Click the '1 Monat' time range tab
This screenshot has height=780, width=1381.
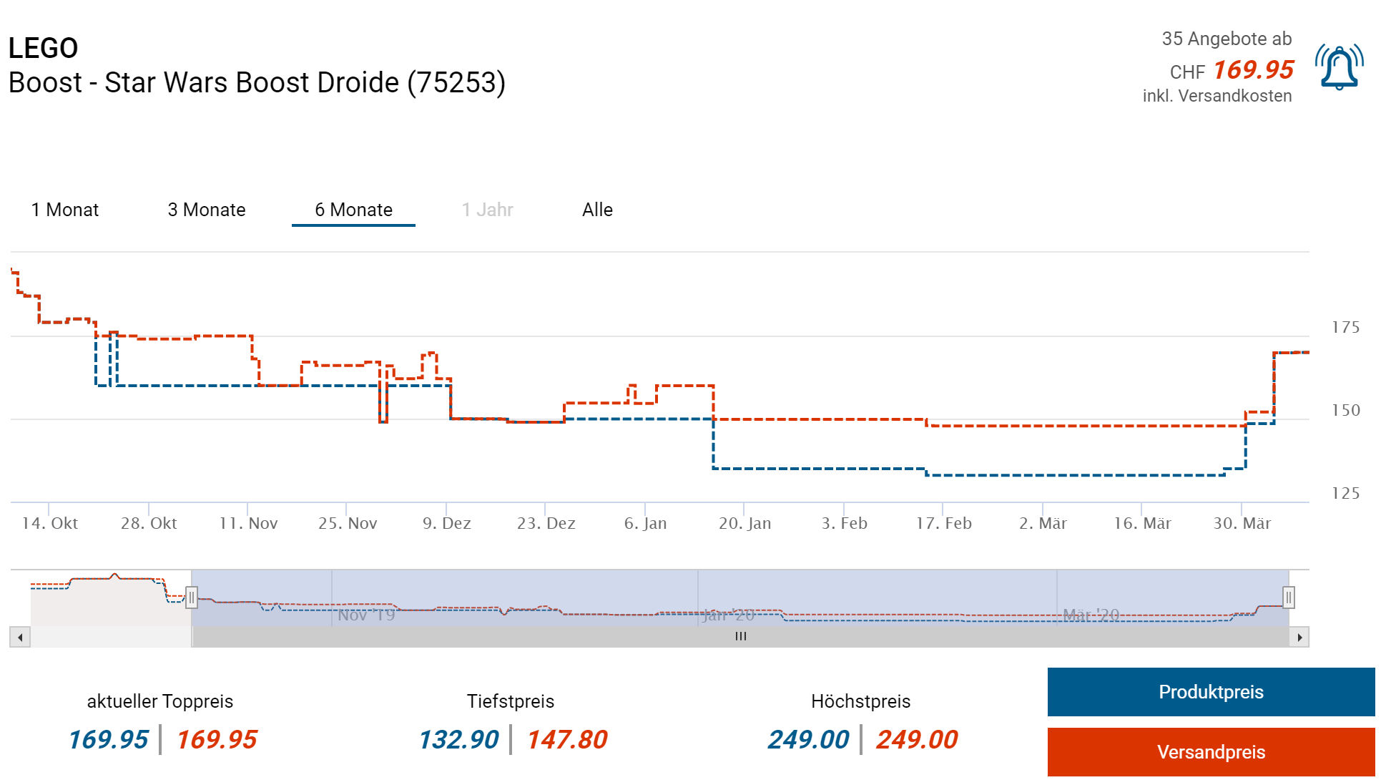coord(65,210)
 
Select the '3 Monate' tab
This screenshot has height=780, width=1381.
coord(207,210)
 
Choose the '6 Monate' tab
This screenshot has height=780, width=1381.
coord(353,210)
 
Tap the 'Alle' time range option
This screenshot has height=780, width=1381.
coord(597,210)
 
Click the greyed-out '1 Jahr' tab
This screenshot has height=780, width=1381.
coord(487,210)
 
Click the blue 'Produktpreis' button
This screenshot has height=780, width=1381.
coord(1210,692)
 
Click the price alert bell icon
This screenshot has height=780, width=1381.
coord(1339,68)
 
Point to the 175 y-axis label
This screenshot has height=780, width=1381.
coord(1345,328)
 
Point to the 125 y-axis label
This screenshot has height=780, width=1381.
coord(1345,494)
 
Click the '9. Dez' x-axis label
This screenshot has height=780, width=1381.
coord(446,524)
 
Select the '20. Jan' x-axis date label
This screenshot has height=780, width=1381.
coord(744,524)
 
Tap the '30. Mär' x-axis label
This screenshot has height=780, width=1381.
coord(1242,524)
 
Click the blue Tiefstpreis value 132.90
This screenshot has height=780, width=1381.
coord(458,740)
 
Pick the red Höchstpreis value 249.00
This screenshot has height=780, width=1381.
coord(917,740)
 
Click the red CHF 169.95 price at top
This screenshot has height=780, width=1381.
coord(1253,70)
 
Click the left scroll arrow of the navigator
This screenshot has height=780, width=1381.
coord(20,637)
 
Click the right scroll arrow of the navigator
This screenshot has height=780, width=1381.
coord(1299,637)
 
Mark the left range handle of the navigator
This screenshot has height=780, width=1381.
coord(192,598)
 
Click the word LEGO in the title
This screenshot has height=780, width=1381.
coord(43,48)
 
